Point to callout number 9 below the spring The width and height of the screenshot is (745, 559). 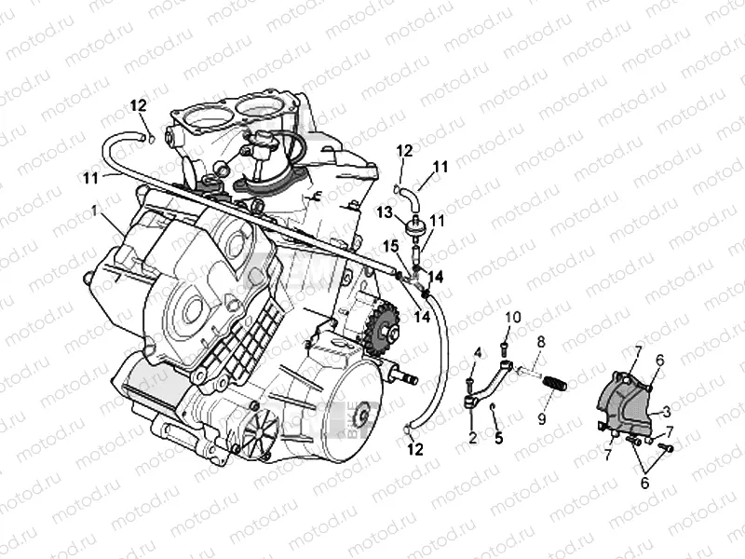541,418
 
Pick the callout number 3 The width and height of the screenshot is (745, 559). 668,410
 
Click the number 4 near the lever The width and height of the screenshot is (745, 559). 477,352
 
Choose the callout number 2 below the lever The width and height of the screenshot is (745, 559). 473,437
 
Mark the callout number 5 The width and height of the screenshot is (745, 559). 499,437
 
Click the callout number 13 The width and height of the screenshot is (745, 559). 386,212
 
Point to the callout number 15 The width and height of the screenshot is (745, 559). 392,245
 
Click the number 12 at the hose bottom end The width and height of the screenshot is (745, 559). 416,449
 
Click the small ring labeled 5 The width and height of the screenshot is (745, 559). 494,408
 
